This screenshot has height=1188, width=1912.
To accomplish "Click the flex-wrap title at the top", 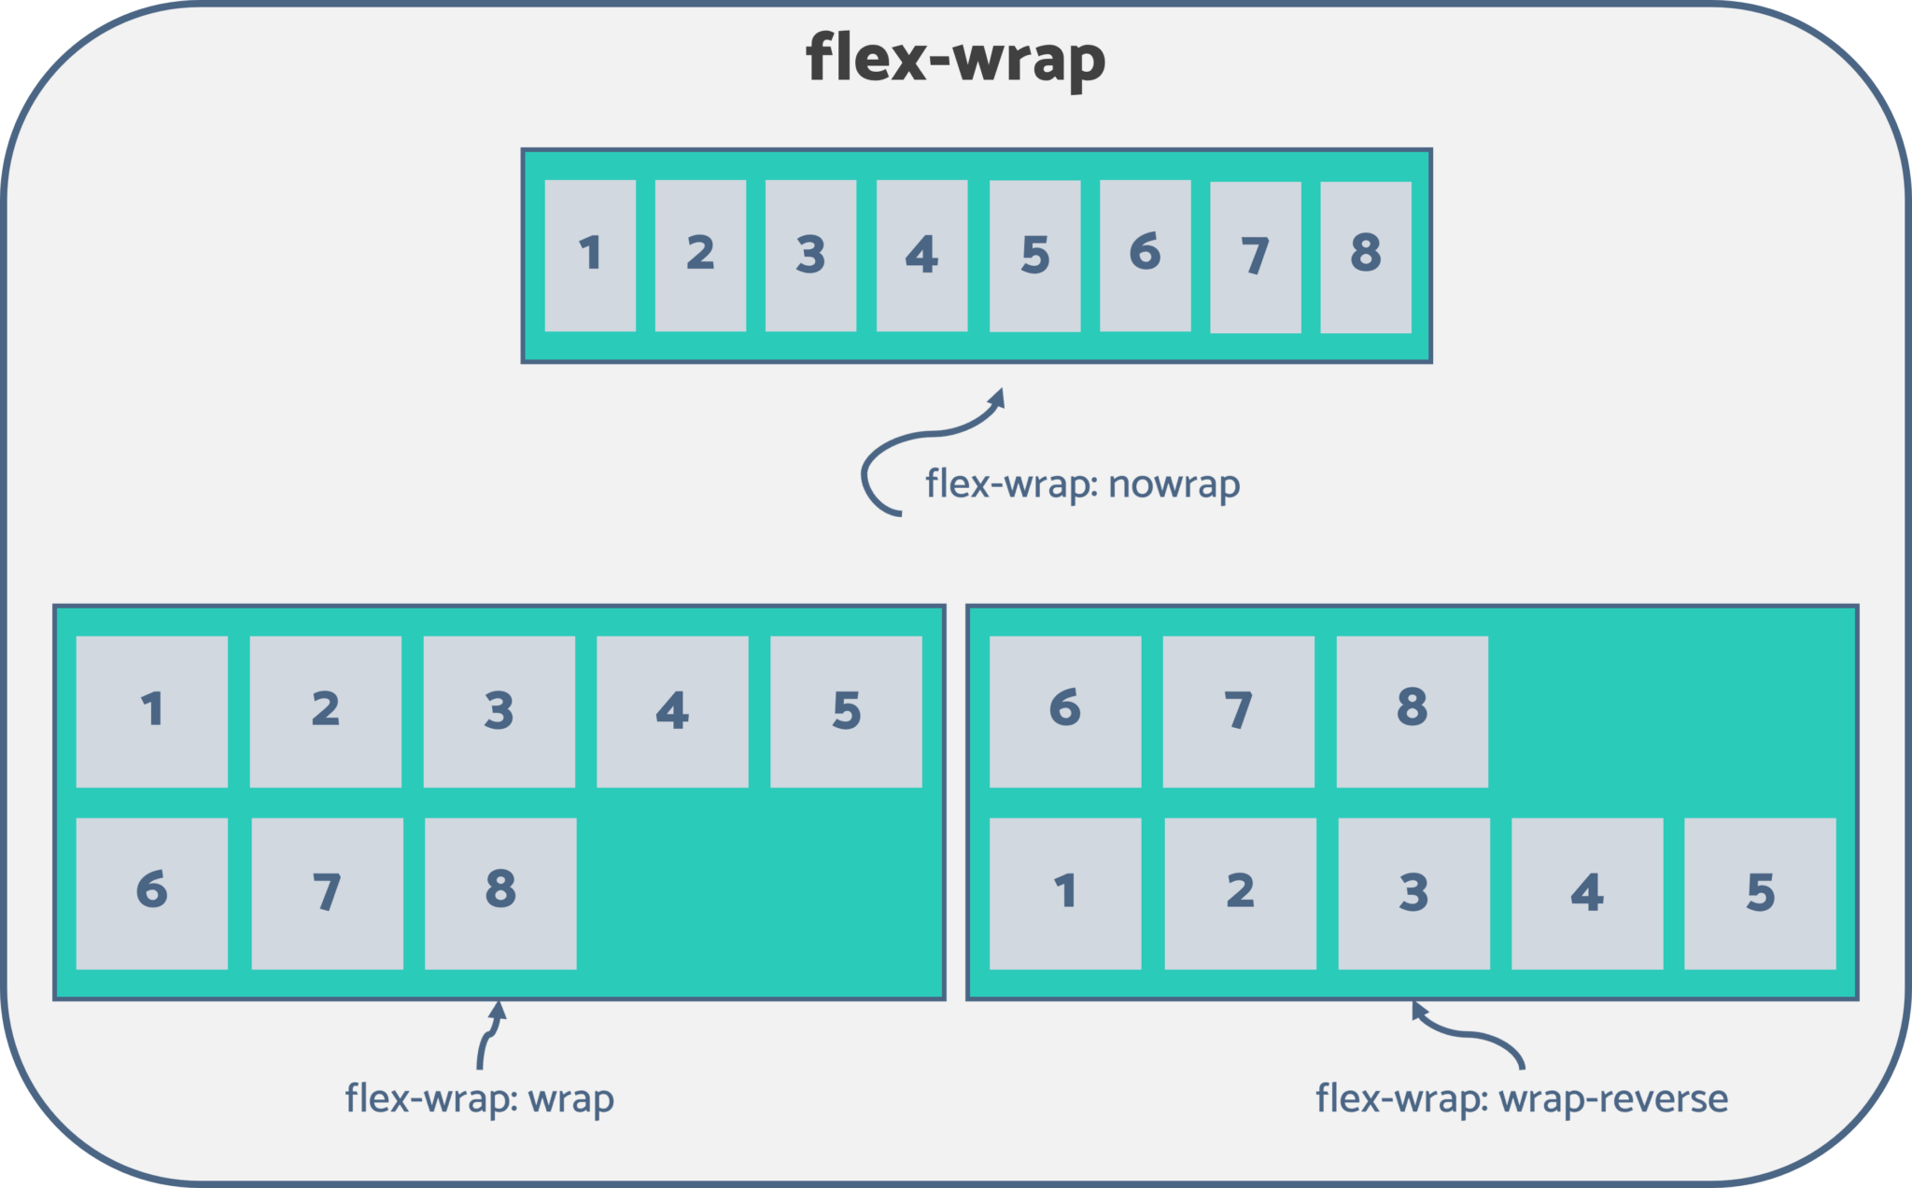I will click(955, 59).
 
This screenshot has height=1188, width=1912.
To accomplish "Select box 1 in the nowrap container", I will click(590, 256).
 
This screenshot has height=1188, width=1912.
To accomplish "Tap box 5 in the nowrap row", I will click(1034, 256).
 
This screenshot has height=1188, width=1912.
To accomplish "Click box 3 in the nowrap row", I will click(810, 256).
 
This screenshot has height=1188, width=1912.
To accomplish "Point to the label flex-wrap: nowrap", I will click(1082, 484).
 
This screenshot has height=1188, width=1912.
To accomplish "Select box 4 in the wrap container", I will click(672, 711).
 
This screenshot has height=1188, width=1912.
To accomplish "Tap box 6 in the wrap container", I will click(152, 893).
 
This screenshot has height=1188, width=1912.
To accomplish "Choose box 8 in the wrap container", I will click(500, 893).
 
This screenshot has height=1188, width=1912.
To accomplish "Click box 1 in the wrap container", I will click(152, 711).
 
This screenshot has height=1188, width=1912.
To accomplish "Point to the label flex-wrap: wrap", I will click(479, 1098).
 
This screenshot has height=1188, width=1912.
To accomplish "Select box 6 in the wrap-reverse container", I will click(1065, 711).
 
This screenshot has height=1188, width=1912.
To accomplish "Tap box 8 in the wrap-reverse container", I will click(1412, 711).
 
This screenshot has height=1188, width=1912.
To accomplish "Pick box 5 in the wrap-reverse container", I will click(1760, 893).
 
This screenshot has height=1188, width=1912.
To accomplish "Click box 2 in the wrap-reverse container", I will click(1240, 893).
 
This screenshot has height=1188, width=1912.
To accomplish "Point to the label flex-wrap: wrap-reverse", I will click(1521, 1098).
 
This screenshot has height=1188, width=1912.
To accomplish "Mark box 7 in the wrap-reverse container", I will click(1238, 711).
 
